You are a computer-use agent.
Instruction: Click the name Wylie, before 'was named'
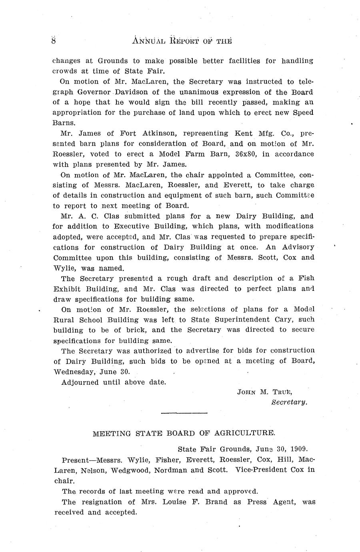tap(64, 268)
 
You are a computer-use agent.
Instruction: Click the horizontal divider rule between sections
tap(184, 412)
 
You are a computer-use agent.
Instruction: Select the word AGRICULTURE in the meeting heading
tap(245, 433)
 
